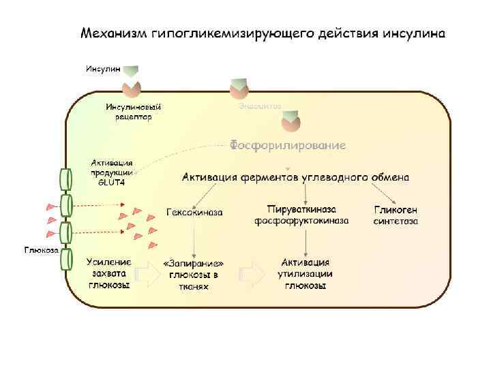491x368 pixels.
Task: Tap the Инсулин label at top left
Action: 102,69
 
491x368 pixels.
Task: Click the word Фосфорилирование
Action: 287,145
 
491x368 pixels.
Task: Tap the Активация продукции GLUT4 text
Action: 112,172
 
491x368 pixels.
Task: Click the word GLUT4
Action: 112,182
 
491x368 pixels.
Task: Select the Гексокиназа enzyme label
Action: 194,212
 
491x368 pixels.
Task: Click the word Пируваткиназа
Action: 301,209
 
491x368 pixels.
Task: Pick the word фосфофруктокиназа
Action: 301,221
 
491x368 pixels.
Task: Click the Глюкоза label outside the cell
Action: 41,250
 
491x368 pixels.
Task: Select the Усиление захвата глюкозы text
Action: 108,273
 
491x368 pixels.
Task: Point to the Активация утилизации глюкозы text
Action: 306,273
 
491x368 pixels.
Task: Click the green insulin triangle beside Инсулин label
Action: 132,72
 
